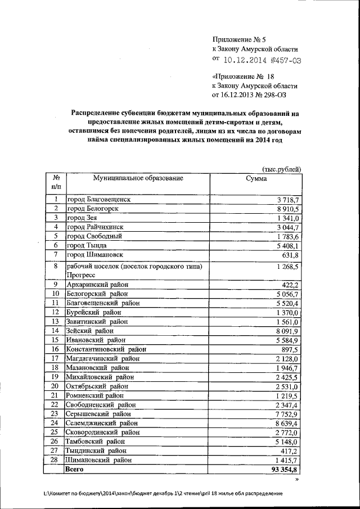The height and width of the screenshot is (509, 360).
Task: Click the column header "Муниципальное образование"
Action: (138, 178)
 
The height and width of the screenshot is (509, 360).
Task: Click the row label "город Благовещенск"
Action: (98, 200)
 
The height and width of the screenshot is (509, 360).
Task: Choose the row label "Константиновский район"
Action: (106, 349)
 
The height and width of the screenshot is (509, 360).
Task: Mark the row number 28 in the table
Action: (55, 460)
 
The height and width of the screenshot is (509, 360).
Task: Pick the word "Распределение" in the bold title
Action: (99, 113)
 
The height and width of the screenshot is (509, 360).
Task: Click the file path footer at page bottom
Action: (162, 493)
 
